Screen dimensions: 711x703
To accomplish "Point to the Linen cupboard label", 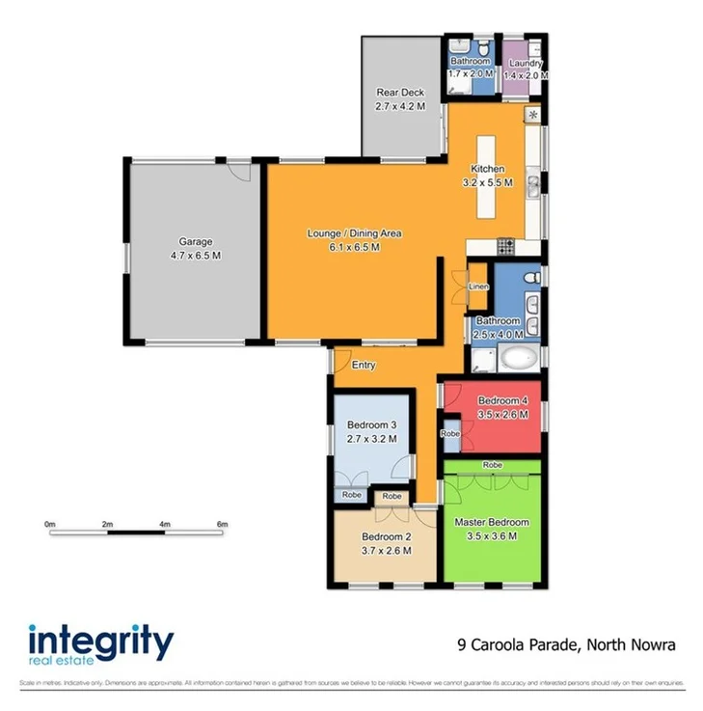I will click(x=478, y=287).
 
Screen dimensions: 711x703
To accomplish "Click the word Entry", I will click(x=364, y=365).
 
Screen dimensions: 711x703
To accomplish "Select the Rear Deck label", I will click(x=400, y=94).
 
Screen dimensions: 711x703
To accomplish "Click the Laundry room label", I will click(x=527, y=63).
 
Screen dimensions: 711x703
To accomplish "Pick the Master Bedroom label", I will click(x=492, y=522).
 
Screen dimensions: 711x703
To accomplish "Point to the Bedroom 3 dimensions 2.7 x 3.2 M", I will click(x=371, y=438).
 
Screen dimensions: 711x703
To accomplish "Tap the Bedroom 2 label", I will click(x=387, y=537).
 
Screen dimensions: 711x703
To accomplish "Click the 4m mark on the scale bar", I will click(x=165, y=524).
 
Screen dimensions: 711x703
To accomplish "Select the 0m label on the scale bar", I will click(x=50, y=524).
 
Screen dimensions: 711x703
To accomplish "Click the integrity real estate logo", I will click(x=100, y=643).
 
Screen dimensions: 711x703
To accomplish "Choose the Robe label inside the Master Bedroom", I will click(x=492, y=464).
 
